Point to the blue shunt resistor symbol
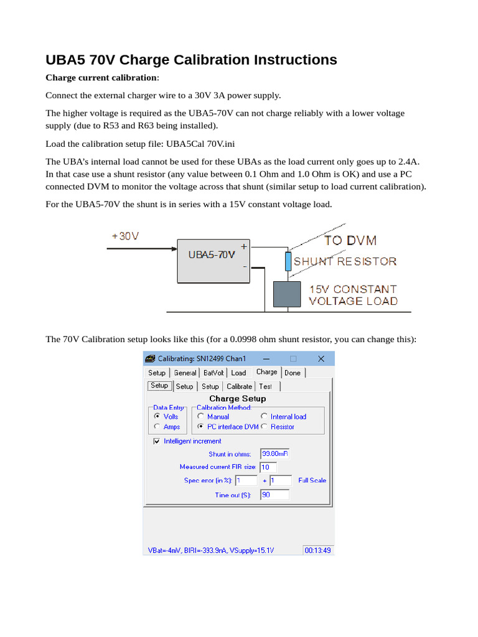(x=288, y=262)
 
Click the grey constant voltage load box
(x=288, y=294)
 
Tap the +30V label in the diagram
(x=125, y=237)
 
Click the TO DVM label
(x=350, y=240)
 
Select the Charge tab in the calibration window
(x=266, y=372)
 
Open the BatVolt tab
(x=214, y=373)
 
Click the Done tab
(x=293, y=373)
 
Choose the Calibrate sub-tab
(x=239, y=386)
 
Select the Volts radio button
(x=157, y=416)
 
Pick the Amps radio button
(x=157, y=427)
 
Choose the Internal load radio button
(x=265, y=416)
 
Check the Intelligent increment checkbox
(x=156, y=441)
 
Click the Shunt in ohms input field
(x=274, y=453)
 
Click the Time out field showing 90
(x=274, y=495)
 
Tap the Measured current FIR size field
(x=268, y=467)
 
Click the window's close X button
(x=321, y=358)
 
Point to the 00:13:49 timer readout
(x=317, y=551)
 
